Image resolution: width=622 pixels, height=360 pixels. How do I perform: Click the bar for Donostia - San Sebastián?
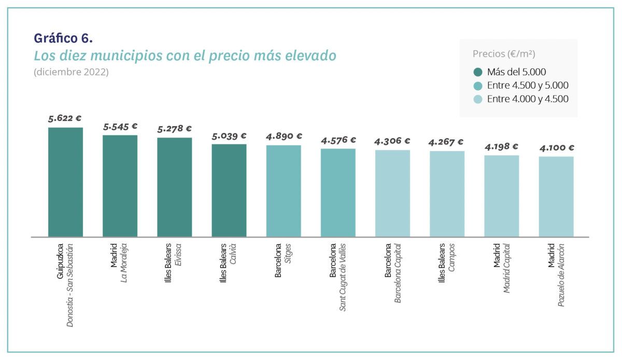65,182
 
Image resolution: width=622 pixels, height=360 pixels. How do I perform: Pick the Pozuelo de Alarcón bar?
556,197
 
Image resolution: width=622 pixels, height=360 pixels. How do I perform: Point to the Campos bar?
447,194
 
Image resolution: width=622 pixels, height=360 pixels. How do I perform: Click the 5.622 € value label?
65,119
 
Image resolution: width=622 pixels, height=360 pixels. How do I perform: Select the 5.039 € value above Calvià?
229,136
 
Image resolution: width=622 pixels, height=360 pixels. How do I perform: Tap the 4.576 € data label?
338,140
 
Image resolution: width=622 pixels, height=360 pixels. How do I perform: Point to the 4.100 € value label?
556,148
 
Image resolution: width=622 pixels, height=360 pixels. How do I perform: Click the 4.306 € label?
392,141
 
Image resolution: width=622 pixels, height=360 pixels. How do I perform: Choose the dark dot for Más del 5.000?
478,72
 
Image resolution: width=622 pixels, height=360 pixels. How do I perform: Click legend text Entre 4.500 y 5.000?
528,86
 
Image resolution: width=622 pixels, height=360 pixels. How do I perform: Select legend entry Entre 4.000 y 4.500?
528,99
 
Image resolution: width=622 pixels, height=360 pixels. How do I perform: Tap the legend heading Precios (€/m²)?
504,54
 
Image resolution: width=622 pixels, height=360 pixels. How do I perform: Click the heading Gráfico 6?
63,38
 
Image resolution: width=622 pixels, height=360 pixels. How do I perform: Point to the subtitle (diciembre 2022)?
71,72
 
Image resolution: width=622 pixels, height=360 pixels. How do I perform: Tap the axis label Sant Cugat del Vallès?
343,276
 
